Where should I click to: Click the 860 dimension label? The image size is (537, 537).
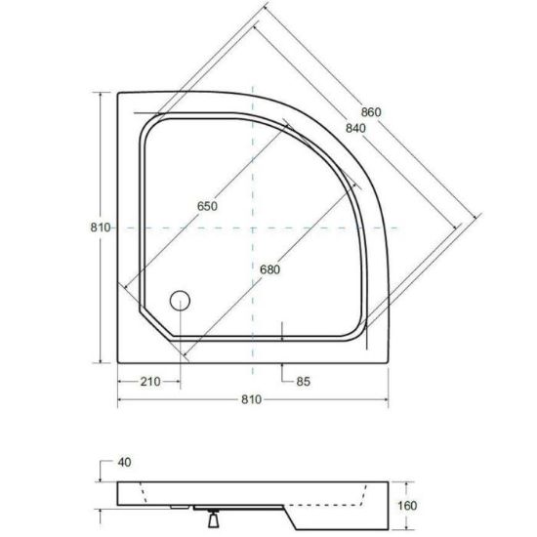(x=371, y=112)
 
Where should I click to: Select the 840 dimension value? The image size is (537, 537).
(x=355, y=129)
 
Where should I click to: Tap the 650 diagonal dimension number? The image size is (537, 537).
(x=207, y=206)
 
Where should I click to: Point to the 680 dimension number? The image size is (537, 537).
(x=269, y=269)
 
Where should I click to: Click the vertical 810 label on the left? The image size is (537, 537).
(x=101, y=227)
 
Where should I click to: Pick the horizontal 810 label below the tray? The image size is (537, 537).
(x=251, y=399)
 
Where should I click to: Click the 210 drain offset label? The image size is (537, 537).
(x=150, y=382)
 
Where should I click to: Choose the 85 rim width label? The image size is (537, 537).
(x=303, y=382)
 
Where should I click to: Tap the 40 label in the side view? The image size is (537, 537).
(x=124, y=463)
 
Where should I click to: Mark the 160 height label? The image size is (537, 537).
(x=407, y=506)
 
